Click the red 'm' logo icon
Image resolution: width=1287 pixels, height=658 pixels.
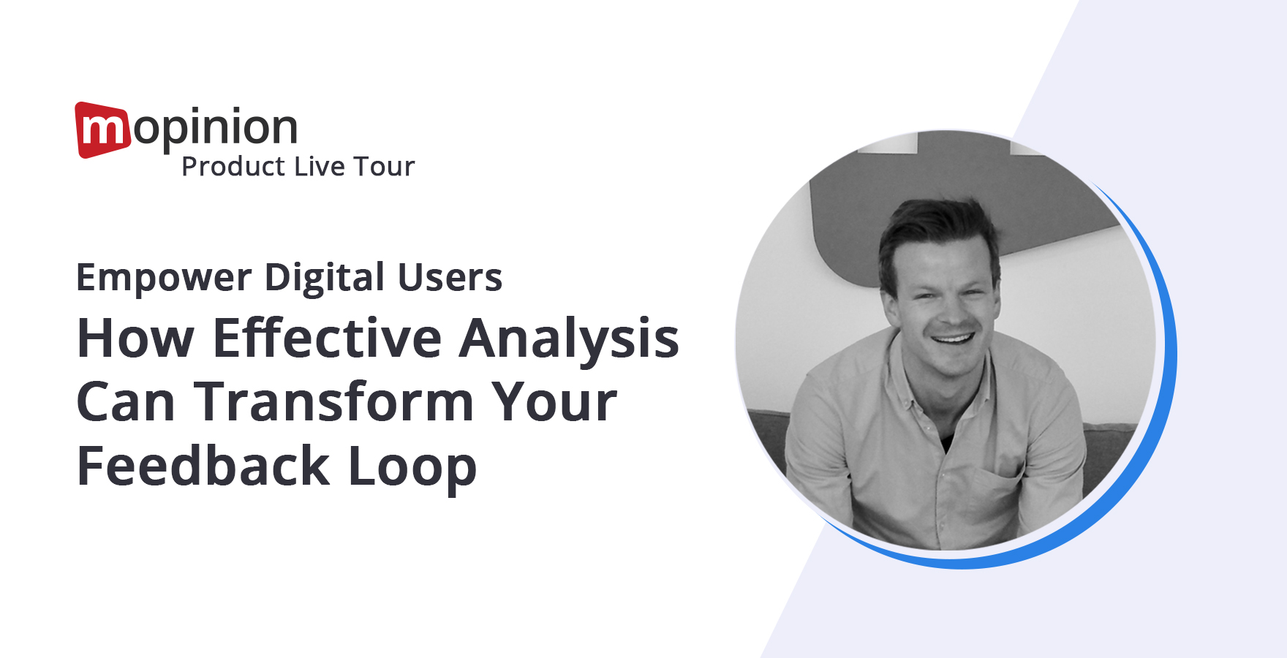[103, 129]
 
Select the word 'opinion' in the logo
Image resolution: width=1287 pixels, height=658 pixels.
[216, 130]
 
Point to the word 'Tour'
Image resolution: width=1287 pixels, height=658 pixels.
[384, 167]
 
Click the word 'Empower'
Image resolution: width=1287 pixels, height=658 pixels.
[165, 279]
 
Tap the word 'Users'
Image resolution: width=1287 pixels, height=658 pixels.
[450, 278]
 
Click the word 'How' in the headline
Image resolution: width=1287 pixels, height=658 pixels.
[136, 339]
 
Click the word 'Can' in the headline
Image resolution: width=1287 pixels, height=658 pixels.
[126, 402]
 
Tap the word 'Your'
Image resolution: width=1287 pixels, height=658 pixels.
[554, 402]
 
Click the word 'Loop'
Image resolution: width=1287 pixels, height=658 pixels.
[412, 468]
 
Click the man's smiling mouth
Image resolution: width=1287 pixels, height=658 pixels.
[952, 339]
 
